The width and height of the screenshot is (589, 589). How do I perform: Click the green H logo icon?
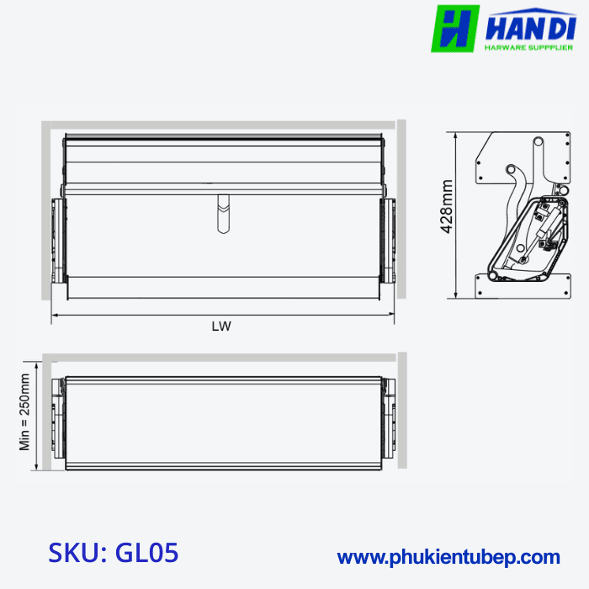tap(455, 29)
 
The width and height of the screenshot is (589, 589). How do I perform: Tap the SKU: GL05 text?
tap(114, 554)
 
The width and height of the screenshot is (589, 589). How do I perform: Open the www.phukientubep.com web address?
tap(448, 556)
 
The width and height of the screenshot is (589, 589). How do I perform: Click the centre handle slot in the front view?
tap(222, 214)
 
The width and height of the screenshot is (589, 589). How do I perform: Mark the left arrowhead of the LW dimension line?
tap(55, 316)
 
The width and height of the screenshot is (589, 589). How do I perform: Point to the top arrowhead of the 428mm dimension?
tap(456, 135)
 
